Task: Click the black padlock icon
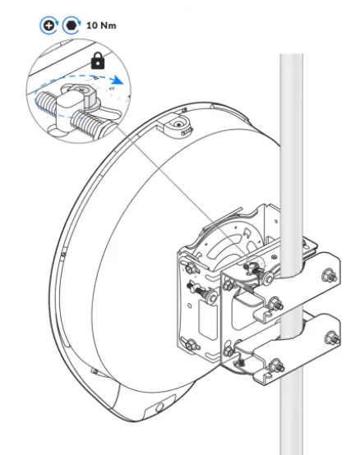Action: coord(98,61)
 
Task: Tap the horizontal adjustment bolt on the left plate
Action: coord(201,288)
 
